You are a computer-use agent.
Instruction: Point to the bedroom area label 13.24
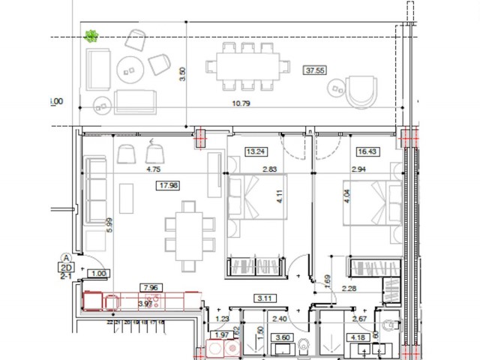tap(256, 151)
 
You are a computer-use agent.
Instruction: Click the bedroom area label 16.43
tap(367, 151)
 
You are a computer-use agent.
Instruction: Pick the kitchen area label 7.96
tap(151, 286)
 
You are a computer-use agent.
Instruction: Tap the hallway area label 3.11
tap(264, 298)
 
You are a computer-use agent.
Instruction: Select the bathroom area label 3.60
tap(283, 338)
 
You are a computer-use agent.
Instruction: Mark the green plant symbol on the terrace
tap(91, 35)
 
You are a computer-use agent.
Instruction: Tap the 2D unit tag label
tap(65, 266)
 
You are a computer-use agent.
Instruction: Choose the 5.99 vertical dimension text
tap(109, 224)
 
